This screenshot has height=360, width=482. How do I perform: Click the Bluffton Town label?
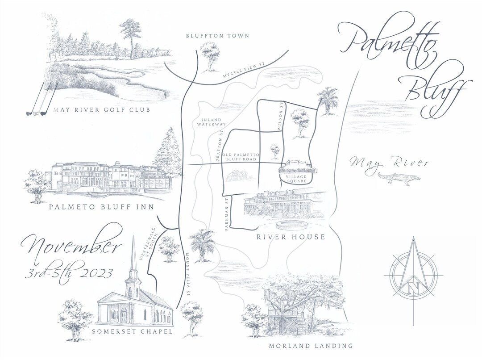(x=217, y=36)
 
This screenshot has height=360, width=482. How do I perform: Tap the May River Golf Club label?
(x=101, y=110)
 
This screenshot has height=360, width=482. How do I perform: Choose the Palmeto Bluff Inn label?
(x=101, y=207)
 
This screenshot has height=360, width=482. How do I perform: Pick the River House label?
(x=291, y=237)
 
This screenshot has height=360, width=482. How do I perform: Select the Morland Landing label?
(x=311, y=346)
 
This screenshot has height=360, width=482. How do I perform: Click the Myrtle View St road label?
(x=244, y=72)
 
